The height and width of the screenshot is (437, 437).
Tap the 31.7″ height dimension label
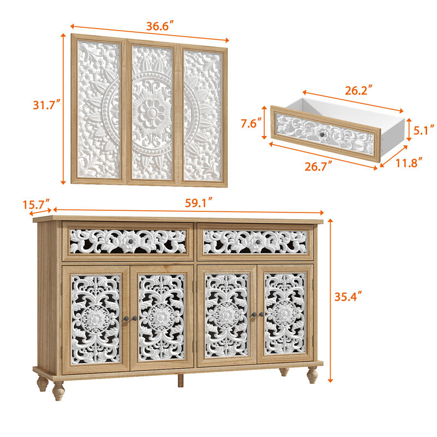click(46, 104)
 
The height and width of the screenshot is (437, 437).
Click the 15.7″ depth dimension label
click(37, 205)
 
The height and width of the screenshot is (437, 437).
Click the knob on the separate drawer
click(323, 134)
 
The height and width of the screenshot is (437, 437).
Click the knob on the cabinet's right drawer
click(257, 242)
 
